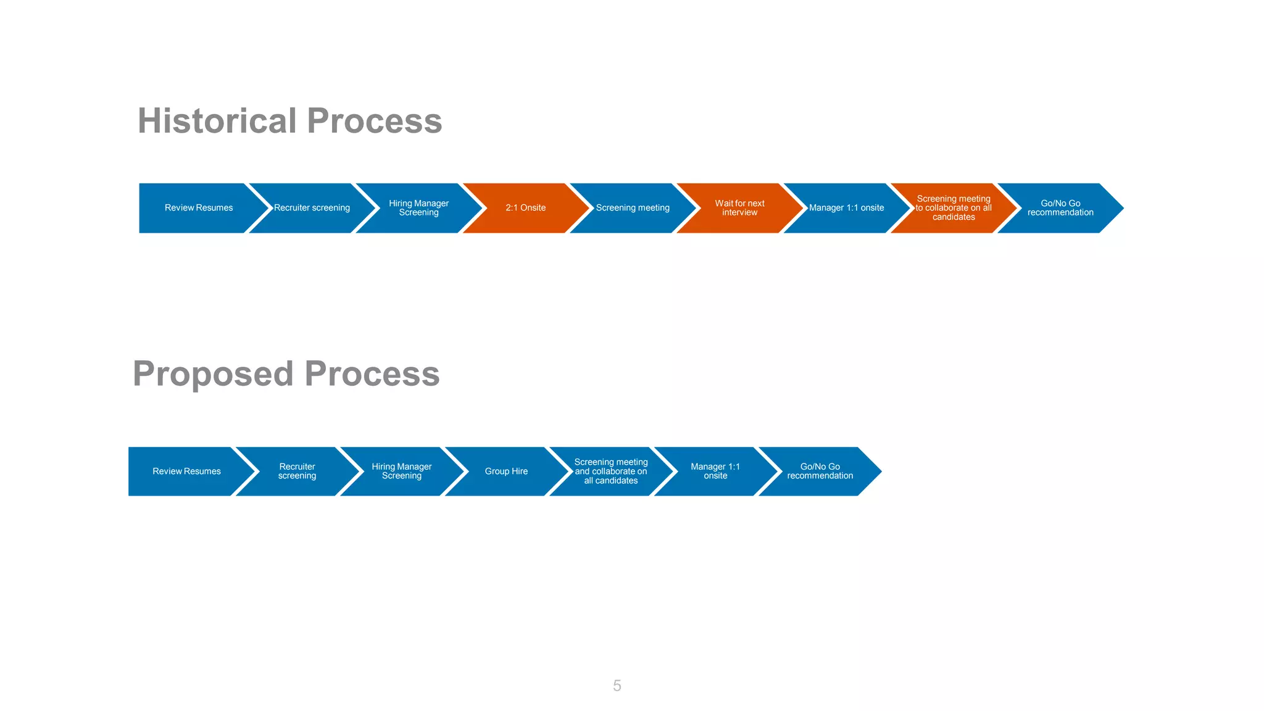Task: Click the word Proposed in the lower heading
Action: [213, 373]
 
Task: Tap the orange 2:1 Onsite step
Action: [526, 208]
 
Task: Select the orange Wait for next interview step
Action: [739, 208]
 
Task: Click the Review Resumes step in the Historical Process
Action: [199, 208]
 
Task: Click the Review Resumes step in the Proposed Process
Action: [186, 472]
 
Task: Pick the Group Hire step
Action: [506, 472]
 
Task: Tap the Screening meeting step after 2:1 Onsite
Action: [633, 208]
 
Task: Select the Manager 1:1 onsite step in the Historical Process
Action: [846, 208]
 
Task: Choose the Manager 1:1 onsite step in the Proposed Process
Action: [715, 472]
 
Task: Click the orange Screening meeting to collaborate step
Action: [954, 208]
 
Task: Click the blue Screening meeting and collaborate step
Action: [611, 472]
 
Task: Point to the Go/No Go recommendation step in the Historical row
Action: [1060, 208]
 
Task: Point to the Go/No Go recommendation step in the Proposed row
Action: [820, 472]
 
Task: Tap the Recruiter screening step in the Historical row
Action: [312, 208]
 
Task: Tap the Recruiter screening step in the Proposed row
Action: [297, 472]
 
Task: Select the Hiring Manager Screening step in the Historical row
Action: [418, 208]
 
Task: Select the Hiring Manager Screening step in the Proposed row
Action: [401, 472]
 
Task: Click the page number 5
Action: [617, 686]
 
